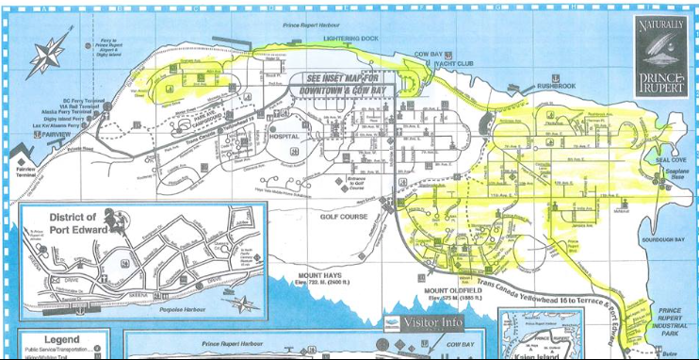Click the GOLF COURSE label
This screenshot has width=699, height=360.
(342, 216)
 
